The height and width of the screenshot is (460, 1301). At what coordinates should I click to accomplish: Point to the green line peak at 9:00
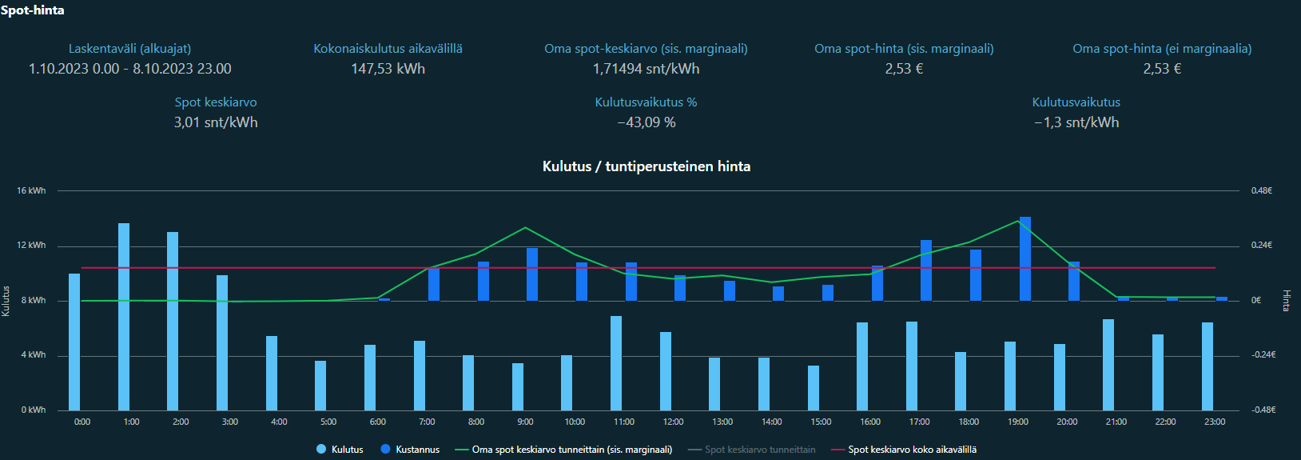tap(525, 228)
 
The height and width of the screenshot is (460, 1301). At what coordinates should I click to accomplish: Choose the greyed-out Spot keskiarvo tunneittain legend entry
tap(759, 450)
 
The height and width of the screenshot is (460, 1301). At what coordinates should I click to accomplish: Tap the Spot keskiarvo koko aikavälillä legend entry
tap(912, 450)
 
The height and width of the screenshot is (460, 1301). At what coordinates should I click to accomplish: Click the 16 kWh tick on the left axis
tap(31, 190)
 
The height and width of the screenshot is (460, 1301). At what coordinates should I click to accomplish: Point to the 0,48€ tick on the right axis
tap(1262, 190)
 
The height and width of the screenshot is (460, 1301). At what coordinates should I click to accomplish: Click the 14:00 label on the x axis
tap(771, 422)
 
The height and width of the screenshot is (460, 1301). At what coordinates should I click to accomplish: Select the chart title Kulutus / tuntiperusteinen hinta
tap(647, 166)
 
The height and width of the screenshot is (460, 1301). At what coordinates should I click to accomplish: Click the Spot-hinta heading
tap(33, 10)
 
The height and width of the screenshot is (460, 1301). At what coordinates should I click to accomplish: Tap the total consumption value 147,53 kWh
tap(388, 69)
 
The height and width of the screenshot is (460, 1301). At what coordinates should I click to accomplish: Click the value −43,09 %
tap(647, 122)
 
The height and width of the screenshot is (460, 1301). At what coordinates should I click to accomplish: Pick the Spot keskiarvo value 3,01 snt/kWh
tap(216, 122)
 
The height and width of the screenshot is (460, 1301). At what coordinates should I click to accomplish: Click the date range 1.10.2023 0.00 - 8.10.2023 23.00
tap(130, 69)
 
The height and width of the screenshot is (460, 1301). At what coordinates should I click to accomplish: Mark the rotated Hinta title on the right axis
tap(1287, 300)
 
